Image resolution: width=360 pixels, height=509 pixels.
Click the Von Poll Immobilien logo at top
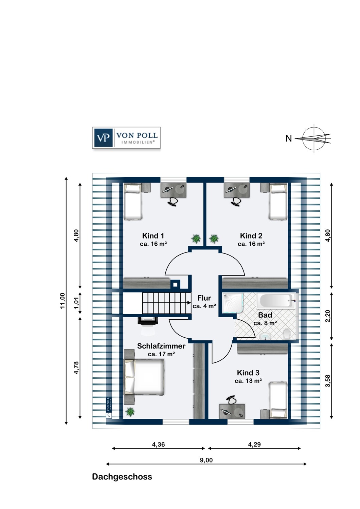126,138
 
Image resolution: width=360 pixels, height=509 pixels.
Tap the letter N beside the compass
289,138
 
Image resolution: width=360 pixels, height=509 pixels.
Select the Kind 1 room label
153,235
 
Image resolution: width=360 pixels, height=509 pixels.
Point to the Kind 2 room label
251,235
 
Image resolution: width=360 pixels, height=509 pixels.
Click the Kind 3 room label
248,373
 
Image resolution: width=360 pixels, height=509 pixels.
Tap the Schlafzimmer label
161,346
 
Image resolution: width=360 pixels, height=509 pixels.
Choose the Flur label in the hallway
204,298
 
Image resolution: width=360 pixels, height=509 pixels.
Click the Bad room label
265,315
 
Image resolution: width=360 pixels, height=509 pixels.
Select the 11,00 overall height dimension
62,301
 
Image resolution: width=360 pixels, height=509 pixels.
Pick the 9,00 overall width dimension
206,460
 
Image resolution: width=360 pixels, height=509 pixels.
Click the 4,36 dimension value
158,444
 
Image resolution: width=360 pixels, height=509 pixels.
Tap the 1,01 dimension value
76,303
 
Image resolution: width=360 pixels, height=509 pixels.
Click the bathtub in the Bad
276,301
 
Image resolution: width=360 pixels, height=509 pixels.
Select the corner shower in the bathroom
233,303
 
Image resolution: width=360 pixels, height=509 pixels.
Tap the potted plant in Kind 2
214,239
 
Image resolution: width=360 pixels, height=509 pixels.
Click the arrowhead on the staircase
189,303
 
